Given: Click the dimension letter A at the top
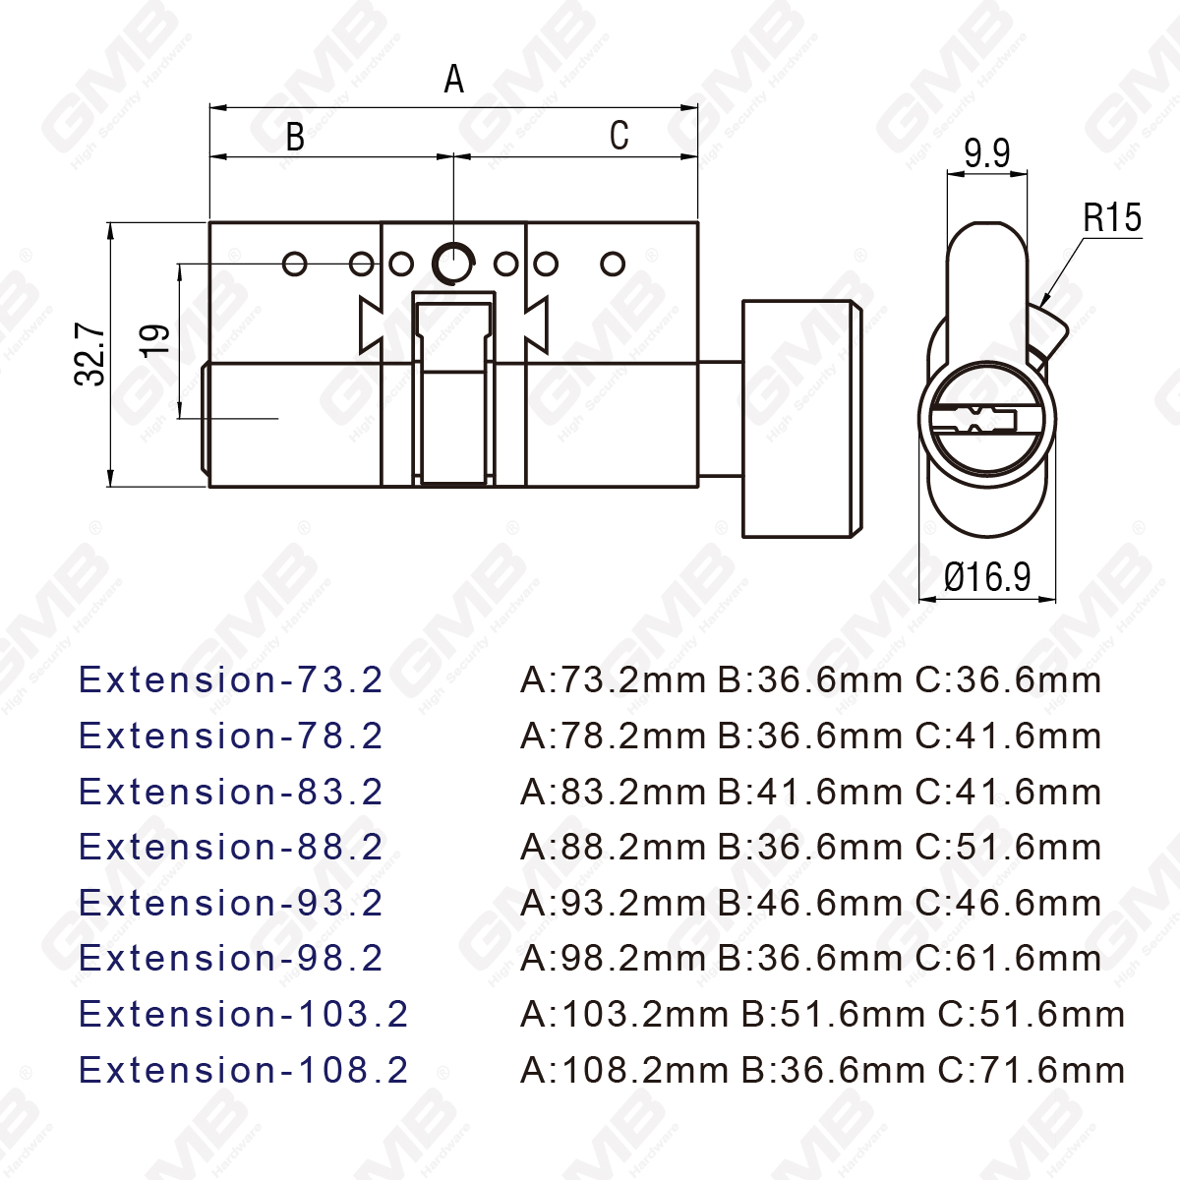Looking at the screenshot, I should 453,79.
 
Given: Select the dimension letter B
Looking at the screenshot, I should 295,137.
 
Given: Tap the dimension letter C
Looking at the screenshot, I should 619,136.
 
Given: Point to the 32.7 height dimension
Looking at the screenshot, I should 90,354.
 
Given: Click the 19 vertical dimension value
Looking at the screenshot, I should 156,340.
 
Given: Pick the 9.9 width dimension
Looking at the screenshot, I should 986,153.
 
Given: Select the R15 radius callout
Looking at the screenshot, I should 1112,217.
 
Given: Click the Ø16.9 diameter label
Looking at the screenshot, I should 987,576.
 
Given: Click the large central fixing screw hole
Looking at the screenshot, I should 452,263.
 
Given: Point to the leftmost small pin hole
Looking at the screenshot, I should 294,264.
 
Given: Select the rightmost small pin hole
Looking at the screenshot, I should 613,264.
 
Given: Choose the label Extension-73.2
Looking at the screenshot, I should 231,679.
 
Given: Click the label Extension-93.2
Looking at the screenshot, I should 231,903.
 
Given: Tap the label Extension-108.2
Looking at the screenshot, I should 243,1070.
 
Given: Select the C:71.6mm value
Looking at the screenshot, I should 1032,1070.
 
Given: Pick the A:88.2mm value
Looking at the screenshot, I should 613,847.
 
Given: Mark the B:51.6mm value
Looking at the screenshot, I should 833,1014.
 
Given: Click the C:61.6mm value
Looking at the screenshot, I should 1008,958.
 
